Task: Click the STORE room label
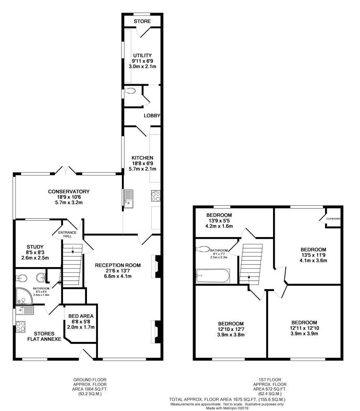pos(142,21)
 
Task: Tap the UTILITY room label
pos(142,55)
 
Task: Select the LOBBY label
pos(152,115)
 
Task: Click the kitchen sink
pos(129,199)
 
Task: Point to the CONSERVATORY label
pos(69,191)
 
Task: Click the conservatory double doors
pos(65,170)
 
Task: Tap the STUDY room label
pos(35,247)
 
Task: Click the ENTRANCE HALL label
pos(67,234)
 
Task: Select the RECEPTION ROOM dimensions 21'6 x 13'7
pos(118,271)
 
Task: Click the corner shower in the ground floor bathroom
pos(24,296)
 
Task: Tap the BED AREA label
pos(81,316)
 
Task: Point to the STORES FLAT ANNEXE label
pos(44,336)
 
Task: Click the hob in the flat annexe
pos(20,326)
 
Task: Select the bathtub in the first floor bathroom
pos(213,276)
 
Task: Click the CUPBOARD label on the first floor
pos(333,219)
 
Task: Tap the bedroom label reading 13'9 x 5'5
pos(219,220)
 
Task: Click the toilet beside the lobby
pos(130,91)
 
